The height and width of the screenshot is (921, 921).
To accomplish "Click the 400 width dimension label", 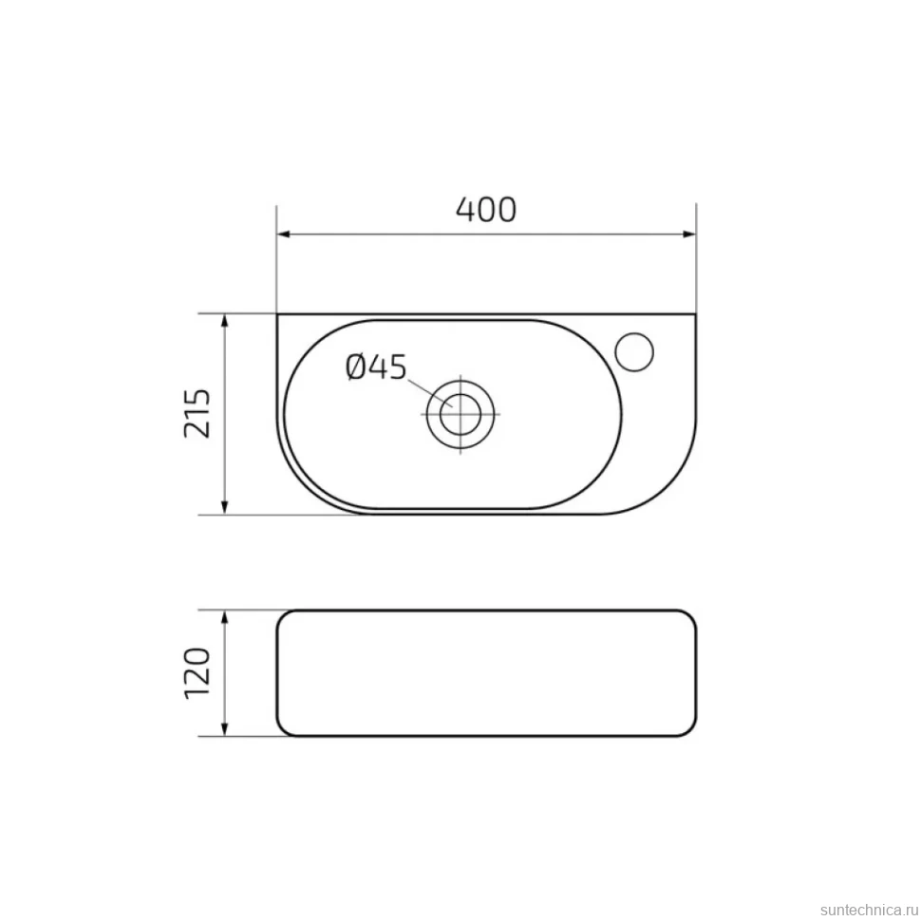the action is click(x=486, y=210).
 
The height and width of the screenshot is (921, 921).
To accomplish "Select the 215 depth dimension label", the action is click(x=197, y=413).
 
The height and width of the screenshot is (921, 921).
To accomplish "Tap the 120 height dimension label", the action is click(x=197, y=673).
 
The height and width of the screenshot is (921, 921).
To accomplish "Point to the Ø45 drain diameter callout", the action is click(x=376, y=367).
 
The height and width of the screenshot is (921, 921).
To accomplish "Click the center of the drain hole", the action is click(x=460, y=414).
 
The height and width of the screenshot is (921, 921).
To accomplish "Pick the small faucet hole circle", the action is click(x=634, y=352).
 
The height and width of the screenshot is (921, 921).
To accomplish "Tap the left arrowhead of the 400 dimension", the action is click(x=284, y=235).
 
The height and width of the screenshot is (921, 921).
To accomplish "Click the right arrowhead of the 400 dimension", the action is click(x=688, y=235).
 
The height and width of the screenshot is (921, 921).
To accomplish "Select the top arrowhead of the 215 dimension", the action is click(x=225, y=322).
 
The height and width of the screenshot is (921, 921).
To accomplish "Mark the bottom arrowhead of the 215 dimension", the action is click(x=225, y=507).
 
